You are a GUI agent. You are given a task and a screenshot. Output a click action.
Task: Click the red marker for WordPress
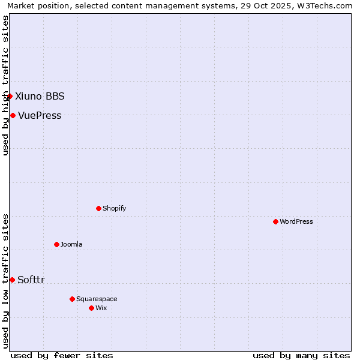pos(275,221)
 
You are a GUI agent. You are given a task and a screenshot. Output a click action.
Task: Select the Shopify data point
pos(98,208)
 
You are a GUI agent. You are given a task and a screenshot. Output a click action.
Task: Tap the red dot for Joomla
pos(56,244)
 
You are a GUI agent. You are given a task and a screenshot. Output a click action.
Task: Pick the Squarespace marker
pos(72,299)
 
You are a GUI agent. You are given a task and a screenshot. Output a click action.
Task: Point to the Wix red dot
pos(91,308)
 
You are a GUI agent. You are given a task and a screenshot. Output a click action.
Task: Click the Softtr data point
pos(12,280)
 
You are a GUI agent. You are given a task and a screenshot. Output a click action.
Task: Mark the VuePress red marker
pos(13,115)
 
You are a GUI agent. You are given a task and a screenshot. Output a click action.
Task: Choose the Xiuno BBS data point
pos(10,96)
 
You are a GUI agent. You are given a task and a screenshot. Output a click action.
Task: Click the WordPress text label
pos(296,221)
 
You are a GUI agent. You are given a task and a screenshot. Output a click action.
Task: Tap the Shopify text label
pos(115,208)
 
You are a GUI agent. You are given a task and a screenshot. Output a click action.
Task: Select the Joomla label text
pos(71,244)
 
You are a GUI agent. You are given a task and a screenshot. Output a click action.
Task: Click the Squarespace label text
pos(97,299)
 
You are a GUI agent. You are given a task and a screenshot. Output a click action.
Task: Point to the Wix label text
pos(101,308)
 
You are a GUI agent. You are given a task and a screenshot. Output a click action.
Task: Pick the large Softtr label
pos(31,280)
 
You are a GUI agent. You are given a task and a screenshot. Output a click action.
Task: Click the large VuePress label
pos(40,115)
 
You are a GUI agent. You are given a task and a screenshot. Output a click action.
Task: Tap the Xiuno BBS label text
pos(40,96)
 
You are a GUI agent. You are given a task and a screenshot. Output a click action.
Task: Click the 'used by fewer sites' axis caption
pos(62,355)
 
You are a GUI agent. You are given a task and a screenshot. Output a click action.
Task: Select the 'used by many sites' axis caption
pos(301,355)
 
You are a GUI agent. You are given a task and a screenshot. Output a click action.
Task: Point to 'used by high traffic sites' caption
pos(5,85)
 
